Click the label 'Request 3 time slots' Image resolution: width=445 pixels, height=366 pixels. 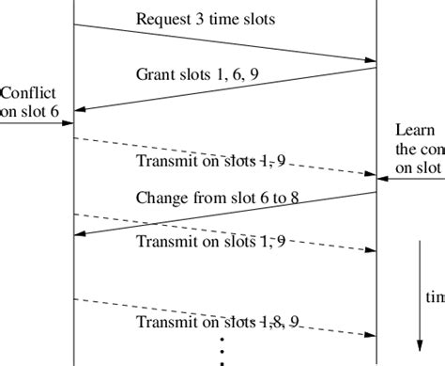(206, 19)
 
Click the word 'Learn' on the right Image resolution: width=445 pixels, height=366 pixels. (416, 130)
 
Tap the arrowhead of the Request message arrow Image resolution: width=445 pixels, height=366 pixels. (369, 61)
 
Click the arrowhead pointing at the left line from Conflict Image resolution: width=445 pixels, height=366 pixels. (68, 122)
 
